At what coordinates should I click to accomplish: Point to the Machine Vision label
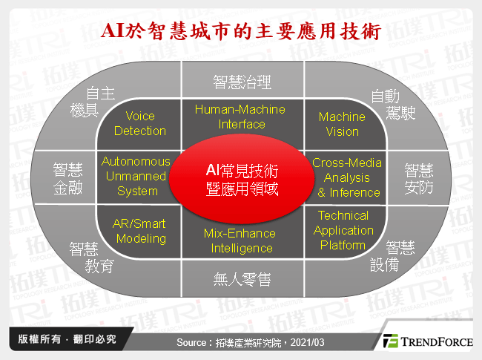(342, 123)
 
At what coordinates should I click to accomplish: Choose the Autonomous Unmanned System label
(136, 176)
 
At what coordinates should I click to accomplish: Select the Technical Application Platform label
(343, 230)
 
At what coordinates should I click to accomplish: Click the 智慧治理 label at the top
(242, 81)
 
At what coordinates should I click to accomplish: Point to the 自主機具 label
(102, 102)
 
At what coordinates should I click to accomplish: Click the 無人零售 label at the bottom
(242, 279)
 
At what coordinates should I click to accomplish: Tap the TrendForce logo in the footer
(428, 341)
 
